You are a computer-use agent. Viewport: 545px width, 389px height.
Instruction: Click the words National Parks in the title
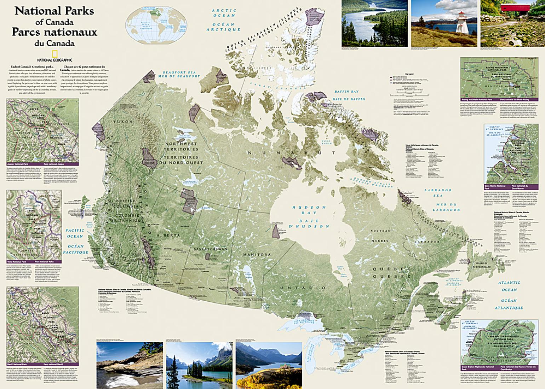coord(54,11)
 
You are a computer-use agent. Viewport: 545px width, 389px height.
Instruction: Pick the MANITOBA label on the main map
coord(257,255)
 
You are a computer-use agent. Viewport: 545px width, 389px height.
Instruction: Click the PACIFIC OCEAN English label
coord(75,233)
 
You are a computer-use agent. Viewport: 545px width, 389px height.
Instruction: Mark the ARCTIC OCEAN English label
coord(224,13)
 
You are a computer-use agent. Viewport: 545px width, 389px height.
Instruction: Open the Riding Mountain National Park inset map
coord(499,78)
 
